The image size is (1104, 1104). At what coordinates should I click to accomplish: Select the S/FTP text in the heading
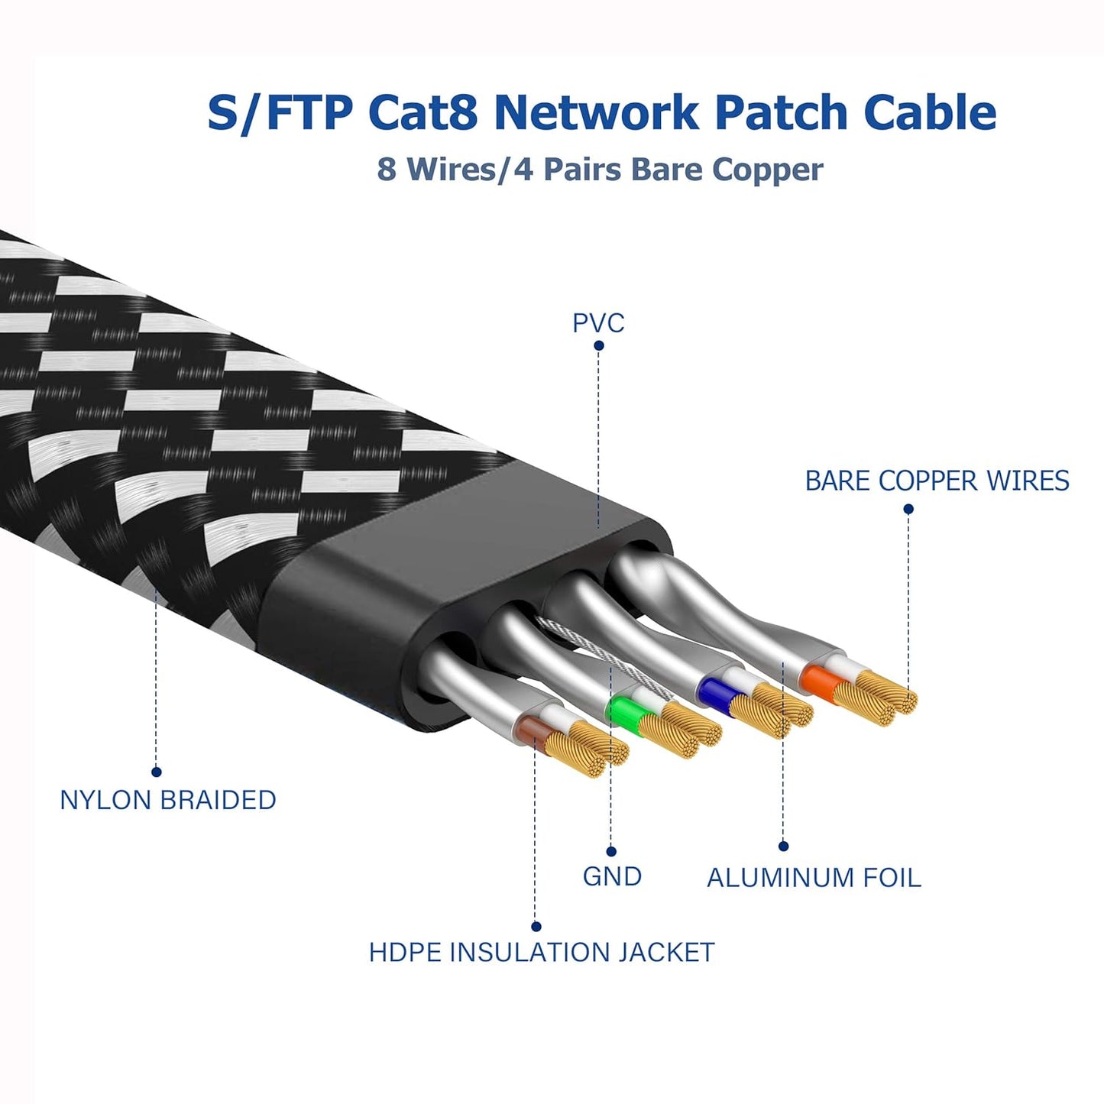280,112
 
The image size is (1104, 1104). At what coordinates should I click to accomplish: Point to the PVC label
598,323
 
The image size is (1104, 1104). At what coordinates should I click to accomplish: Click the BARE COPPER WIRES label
937,481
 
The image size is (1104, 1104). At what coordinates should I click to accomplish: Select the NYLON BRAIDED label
168,800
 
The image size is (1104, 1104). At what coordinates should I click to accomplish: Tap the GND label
612,876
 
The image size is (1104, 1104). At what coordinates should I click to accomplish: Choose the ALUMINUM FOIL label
814,878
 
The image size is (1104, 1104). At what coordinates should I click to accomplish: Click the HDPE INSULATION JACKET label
542,953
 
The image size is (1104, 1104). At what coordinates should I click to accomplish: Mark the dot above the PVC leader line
599,345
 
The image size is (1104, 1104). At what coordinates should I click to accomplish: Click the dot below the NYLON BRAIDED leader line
157,772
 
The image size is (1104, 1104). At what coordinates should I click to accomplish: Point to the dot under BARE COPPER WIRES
908,509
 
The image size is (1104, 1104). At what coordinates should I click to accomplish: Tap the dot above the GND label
611,851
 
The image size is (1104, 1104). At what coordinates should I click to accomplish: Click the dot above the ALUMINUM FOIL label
783,846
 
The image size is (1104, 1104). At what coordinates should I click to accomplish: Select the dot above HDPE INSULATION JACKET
536,927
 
